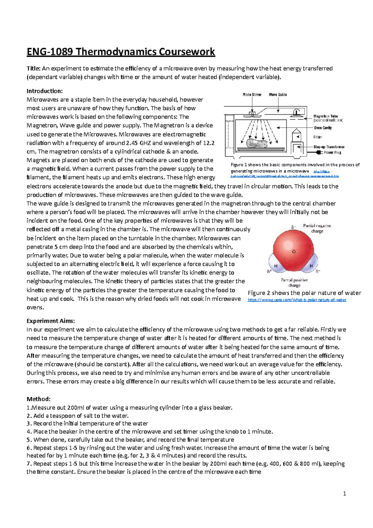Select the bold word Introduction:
44,91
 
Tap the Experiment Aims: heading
51,321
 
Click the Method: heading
38,399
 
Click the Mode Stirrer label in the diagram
252,95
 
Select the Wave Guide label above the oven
278,95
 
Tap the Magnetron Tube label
325,116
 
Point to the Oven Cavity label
323,128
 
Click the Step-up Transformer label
329,147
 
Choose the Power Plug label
332,152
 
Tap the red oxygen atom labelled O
293,251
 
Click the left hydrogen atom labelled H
275,266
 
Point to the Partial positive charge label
294,282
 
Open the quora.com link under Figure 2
297,300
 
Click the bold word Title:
33,68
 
